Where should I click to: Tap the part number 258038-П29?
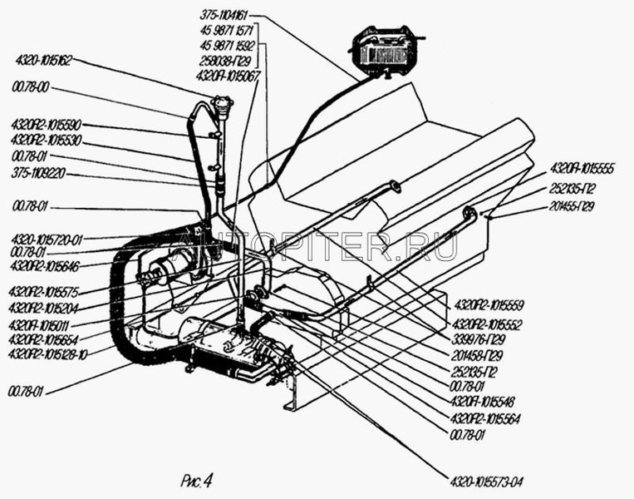tap(225, 62)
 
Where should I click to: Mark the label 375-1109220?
tap(39, 174)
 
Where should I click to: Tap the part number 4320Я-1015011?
tap(40, 325)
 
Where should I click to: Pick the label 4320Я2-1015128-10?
tap(47, 353)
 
